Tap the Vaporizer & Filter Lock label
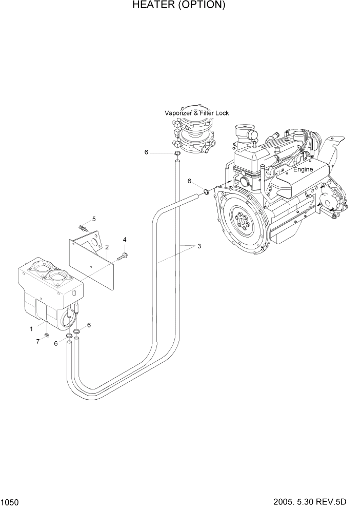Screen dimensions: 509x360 [x=196, y=113]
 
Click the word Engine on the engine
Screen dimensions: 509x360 [x=303, y=169]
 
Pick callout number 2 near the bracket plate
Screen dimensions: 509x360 [x=106, y=247]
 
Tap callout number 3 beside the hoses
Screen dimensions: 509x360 [x=199, y=246]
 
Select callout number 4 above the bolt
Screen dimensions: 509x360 [x=124, y=240]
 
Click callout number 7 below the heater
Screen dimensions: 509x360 [x=37, y=341]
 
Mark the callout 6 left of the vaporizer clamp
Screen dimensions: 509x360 [x=146, y=152]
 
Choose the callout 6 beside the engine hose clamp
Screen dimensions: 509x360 [x=189, y=181]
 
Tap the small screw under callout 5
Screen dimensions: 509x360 [x=82, y=227]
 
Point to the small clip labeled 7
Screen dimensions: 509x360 [x=47, y=336]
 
